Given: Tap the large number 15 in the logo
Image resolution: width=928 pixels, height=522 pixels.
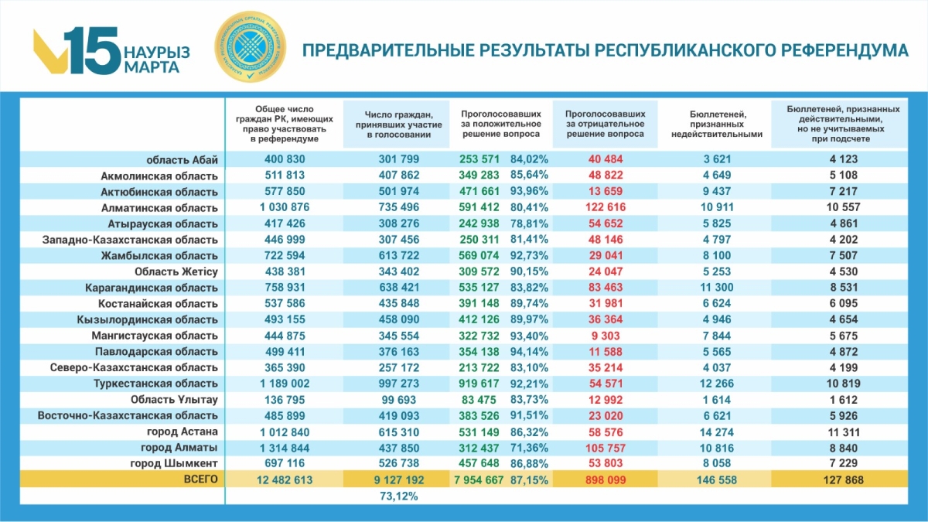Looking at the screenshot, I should click(x=91, y=52).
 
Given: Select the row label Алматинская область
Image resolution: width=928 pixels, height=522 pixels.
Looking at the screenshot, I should click(x=160, y=207).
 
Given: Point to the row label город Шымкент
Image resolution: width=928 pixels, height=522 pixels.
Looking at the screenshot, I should click(x=179, y=463).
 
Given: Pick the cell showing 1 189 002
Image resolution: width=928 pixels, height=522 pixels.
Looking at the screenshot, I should click(x=280, y=384).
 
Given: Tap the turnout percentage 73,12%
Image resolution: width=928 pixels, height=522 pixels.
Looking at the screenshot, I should click(x=399, y=497).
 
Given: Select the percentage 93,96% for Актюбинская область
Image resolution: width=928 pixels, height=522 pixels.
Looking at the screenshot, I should click(x=530, y=192).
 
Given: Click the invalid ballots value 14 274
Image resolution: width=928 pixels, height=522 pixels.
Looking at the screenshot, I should click(x=715, y=432).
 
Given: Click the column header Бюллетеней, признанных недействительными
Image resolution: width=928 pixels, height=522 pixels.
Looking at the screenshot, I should click(x=715, y=124).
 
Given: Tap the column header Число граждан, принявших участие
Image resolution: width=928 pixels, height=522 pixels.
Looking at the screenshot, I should click(x=399, y=124).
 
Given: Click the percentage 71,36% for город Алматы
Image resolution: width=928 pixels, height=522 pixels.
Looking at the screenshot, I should click(x=530, y=448).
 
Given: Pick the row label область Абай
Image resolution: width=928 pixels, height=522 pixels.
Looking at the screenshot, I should click(x=183, y=159).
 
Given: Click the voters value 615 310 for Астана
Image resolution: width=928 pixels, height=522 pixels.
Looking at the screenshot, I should click(x=399, y=432).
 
